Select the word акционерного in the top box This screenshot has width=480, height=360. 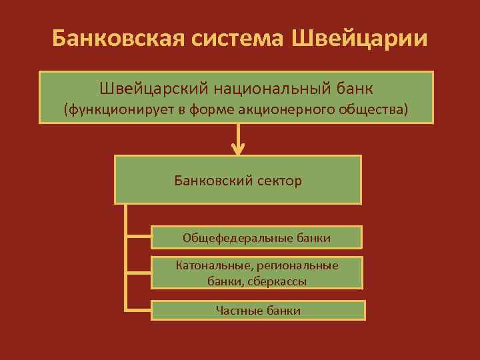pyautogui.click(x=292, y=109)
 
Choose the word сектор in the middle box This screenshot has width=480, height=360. pyautogui.click(x=278, y=180)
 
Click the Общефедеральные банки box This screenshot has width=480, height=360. pyautogui.click(x=257, y=237)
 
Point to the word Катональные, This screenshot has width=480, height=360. pyautogui.click(x=209, y=265)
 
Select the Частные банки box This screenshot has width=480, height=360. pyautogui.click(x=259, y=311)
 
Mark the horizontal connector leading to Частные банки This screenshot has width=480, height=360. pyautogui.click(x=138, y=311)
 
